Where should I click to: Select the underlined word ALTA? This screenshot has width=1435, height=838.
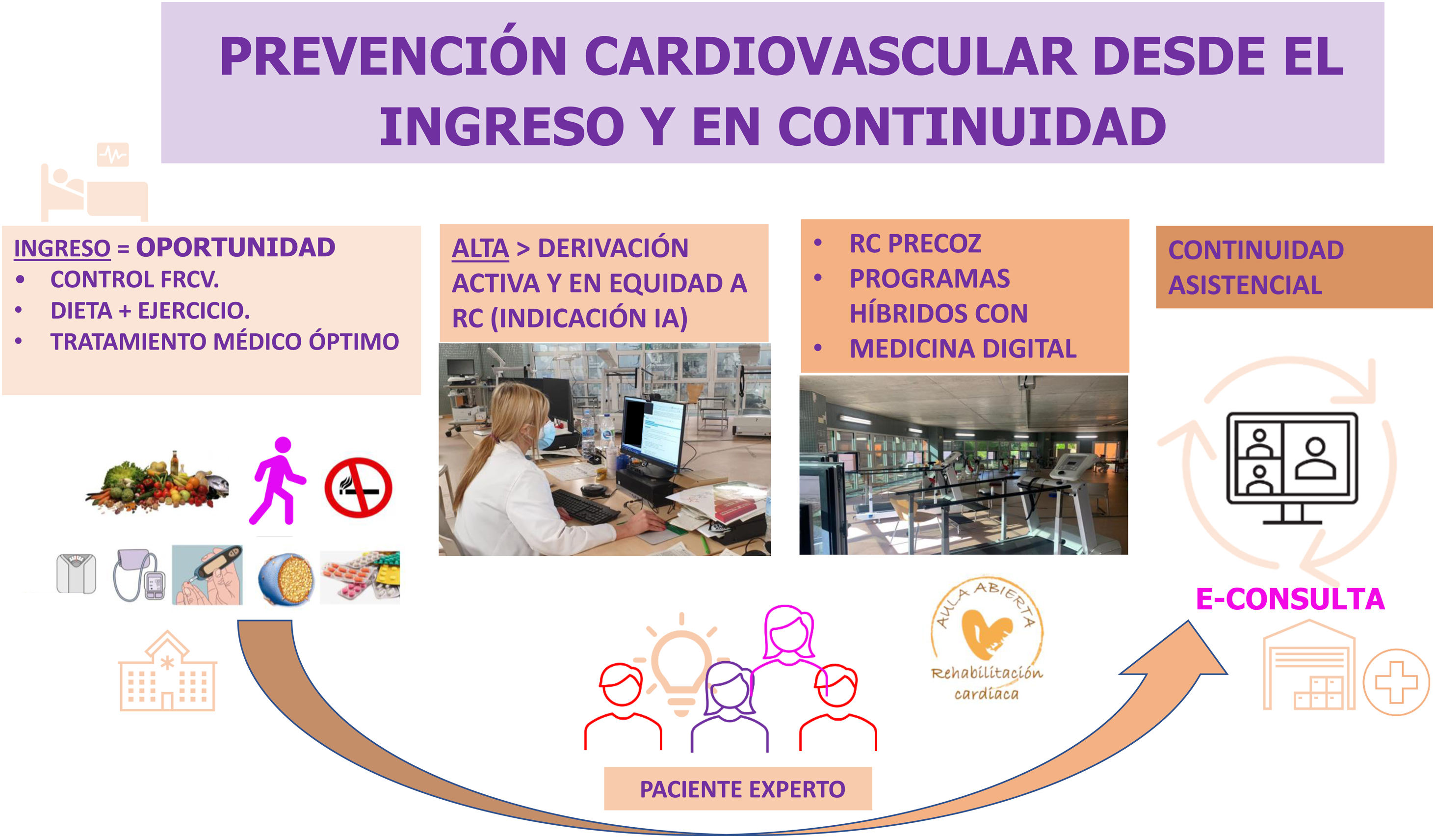[x=480, y=248]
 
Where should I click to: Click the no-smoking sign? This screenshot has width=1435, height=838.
[x=358, y=487]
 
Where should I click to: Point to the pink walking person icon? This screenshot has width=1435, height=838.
[x=277, y=481]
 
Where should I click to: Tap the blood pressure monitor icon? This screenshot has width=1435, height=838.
[x=139, y=575]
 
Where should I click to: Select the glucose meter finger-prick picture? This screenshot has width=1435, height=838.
[x=207, y=574]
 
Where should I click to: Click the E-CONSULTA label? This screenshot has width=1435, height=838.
[x=1290, y=599]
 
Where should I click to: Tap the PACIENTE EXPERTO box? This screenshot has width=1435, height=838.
[x=738, y=789]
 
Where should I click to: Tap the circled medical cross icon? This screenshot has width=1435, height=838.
[x=1396, y=682]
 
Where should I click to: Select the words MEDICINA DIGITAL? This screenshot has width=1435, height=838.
[x=963, y=349]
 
